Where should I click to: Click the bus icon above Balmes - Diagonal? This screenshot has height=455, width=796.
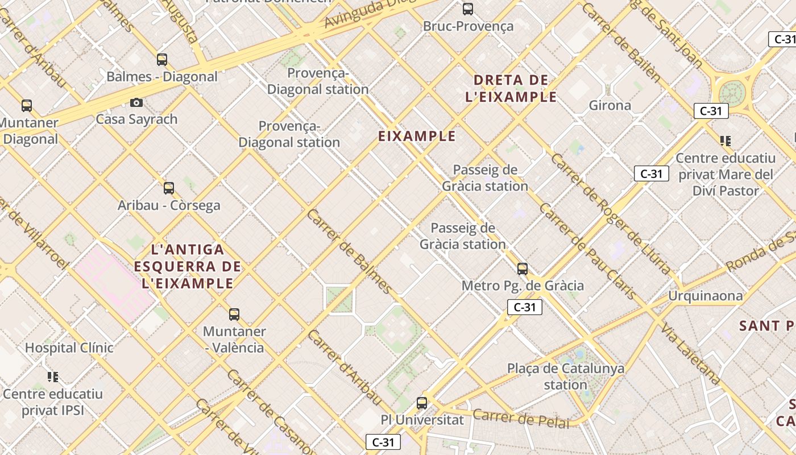click(162, 60)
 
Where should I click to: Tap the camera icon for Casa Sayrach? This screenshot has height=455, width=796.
click(136, 102)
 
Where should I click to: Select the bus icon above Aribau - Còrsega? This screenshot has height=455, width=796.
click(169, 188)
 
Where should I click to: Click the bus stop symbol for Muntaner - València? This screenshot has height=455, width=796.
click(234, 315)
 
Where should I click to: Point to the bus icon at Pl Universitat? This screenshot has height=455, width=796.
click(422, 403)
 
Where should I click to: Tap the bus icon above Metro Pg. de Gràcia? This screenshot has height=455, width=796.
click(523, 269)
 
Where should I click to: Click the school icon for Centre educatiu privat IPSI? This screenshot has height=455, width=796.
click(53, 377)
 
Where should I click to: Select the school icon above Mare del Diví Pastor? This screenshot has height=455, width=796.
click(725, 140)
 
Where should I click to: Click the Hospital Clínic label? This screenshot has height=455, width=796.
click(69, 348)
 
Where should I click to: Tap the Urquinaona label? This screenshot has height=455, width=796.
click(705, 296)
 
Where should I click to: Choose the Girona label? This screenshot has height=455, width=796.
click(610, 105)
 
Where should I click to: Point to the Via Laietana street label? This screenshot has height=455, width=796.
click(691, 354)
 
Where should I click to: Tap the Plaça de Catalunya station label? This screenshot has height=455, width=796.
click(565, 377)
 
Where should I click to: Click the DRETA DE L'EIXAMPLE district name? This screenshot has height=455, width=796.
click(511, 88)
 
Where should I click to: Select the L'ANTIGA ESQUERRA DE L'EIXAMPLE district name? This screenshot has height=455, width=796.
click(188, 266)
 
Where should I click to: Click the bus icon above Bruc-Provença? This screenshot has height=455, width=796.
click(467, 9)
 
